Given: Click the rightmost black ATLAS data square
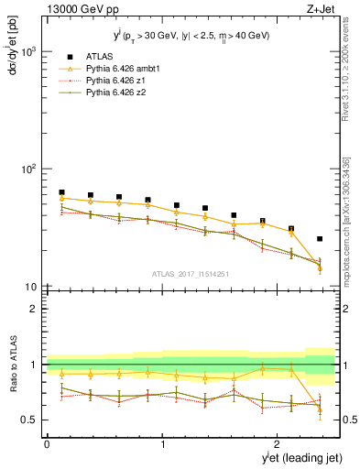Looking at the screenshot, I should (x=320, y=239).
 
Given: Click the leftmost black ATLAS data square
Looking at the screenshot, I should (x=61, y=192).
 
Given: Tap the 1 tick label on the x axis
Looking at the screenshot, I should (x=163, y=442).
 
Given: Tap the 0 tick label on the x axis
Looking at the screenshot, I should (x=47, y=442).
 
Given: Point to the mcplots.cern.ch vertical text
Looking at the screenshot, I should (x=347, y=229).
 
